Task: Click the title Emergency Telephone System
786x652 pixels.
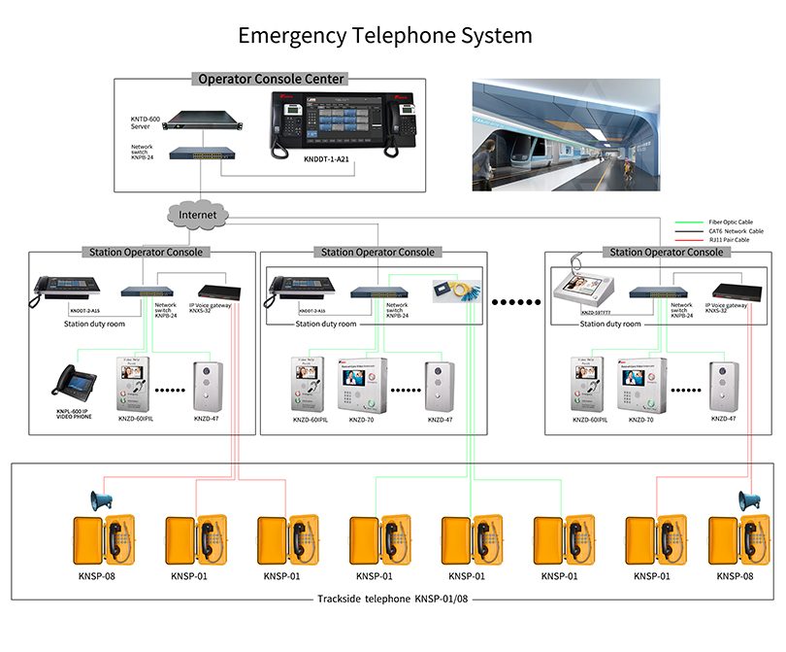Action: tap(385, 36)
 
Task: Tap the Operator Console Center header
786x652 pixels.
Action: tap(271, 79)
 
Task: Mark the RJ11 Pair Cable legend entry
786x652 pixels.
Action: tap(728, 239)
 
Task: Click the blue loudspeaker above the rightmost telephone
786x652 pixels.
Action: tap(748, 501)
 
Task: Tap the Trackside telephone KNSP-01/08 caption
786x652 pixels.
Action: tap(392, 599)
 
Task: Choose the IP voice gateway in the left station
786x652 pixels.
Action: tap(218, 291)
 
